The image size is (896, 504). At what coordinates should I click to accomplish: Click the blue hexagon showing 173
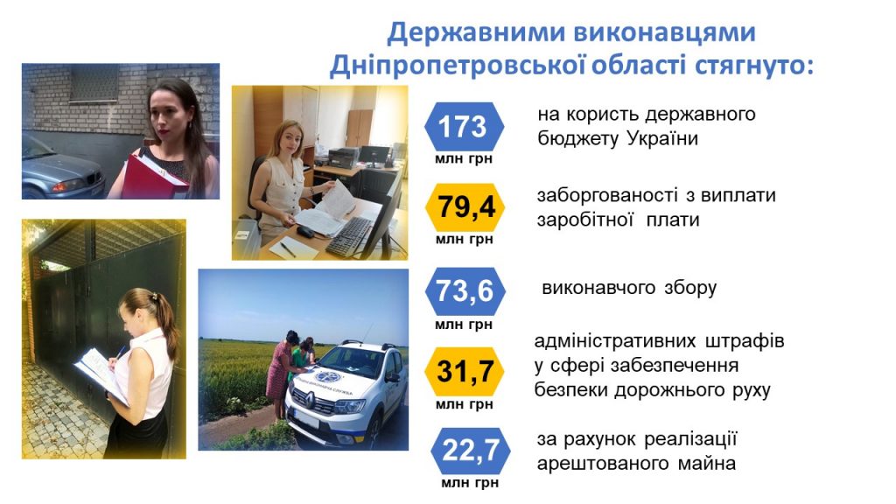click(x=464, y=126)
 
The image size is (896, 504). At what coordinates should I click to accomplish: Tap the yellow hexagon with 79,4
click(x=465, y=206)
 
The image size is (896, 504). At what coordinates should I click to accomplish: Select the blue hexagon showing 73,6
click(x=465, y=290)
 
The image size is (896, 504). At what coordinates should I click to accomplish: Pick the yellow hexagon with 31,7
click(x=465, y=371)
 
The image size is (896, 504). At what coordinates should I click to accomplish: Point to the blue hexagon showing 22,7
click(x=470, y=451)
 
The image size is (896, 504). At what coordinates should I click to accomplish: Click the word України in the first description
click(x=662, y=138)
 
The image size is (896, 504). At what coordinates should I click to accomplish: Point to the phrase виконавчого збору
click(x=628, y=287)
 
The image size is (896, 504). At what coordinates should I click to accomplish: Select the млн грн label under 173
click(x=464, y=159)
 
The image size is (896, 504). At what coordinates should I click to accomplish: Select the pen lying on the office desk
click(x=288, y=249)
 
